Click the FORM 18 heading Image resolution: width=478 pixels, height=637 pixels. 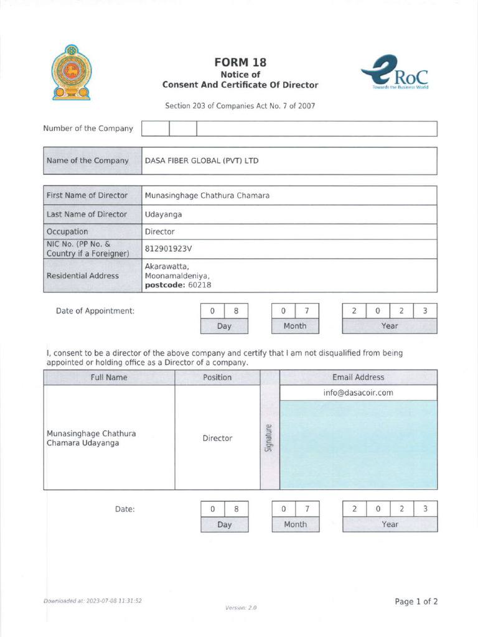coord(240,62)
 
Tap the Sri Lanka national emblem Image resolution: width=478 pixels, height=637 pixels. coord(71,73)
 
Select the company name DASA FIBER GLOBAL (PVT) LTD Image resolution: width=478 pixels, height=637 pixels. coord(201,160)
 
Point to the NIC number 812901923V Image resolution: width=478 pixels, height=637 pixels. coord(168,249)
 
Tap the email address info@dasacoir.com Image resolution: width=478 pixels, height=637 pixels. coord(358,393)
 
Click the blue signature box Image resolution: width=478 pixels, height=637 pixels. coord(358,445)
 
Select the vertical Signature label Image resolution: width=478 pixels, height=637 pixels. coord(269,438)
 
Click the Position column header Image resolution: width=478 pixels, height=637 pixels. coord(217,377)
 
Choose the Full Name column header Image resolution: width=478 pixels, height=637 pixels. coord(109,377)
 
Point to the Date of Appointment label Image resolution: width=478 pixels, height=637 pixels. coord(95,310)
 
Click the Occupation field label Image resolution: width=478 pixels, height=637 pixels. coord(67,231)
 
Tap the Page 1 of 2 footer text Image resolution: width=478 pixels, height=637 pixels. coord(416,602)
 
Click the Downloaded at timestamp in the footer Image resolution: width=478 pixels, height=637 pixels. coord(93,601)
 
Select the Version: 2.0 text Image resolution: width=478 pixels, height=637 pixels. coord(241,607)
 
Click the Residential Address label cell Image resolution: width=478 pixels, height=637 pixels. coord(83,276)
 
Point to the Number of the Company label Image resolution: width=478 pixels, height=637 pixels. coord(88,129)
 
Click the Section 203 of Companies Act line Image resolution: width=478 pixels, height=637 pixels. coord(240,106)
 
